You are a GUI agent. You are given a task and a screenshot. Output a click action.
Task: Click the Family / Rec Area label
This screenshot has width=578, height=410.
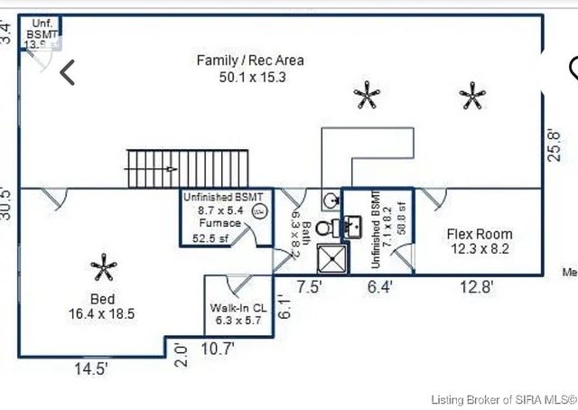250,61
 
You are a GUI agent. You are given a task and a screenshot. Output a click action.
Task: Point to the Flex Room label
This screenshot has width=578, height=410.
480,234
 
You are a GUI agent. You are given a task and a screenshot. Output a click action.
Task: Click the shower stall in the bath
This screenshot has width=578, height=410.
331,260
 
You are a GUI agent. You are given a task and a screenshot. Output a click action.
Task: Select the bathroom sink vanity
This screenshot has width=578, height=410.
351,226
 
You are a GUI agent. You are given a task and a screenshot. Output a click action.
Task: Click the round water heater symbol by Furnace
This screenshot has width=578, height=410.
259,212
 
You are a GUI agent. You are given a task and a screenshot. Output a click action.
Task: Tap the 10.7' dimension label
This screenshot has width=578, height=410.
218,348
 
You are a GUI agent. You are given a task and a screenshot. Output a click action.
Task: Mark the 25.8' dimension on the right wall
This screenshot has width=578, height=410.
554,144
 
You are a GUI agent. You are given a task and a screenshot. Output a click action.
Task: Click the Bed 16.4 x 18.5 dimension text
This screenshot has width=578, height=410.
101,314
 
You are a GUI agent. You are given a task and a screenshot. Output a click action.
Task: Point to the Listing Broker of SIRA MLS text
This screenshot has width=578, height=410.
502,399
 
